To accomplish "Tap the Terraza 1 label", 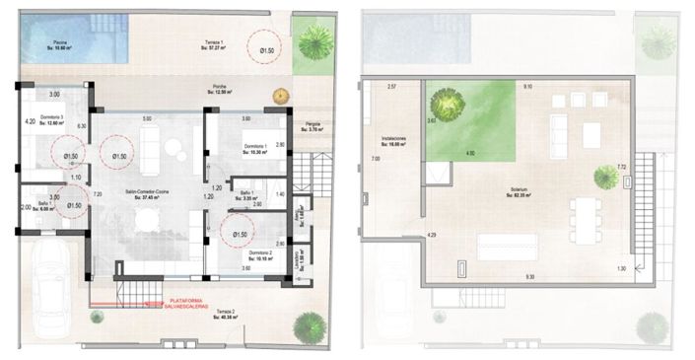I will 216,43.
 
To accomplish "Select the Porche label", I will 219,90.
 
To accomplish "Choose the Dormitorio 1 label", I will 258,148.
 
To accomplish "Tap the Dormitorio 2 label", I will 259,253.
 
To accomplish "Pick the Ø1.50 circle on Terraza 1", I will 263,46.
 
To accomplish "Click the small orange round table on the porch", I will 281,96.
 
